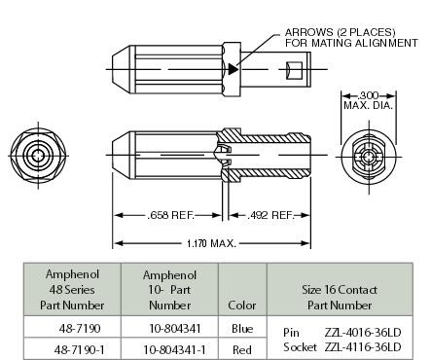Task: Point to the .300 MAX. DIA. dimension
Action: pyautogui.click(x=367, y=100)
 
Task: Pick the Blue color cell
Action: pyautogui.click(x=242, y=329)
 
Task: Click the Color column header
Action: pyautogui.click(x=242, y=305)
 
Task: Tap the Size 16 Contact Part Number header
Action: pyautogui.click(x=339, y=289)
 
